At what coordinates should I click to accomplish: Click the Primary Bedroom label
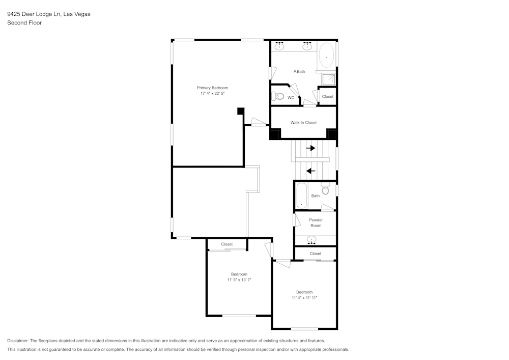[212, 88]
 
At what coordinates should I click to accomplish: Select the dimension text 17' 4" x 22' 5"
[212, 94]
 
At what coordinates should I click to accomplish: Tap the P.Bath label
[299, 71]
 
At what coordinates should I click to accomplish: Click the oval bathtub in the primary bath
[326, 56]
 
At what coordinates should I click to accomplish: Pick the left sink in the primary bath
[279, 46]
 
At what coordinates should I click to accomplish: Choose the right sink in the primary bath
[307, 46]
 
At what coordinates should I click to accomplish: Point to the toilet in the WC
[278, 96]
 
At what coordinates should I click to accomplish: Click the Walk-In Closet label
[303, 123]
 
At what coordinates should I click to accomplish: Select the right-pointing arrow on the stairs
[310, 148]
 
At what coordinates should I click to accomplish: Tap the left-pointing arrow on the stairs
[310, 171]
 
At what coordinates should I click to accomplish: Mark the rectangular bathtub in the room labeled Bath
[301, 196]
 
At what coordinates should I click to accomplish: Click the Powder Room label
[316, 223]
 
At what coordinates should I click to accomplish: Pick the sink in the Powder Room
[312, 239]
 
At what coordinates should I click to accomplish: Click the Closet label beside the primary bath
[327, 96]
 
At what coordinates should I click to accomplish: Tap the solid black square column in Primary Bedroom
[241, 111]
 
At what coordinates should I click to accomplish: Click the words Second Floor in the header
[24, 23]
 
